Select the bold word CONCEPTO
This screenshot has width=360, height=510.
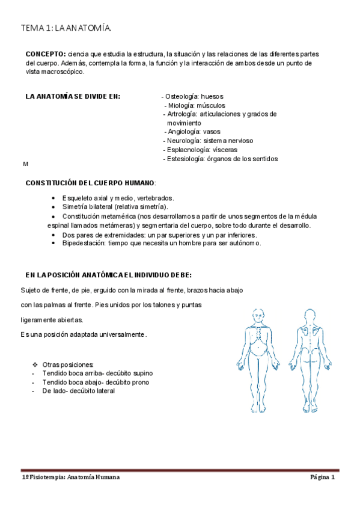click(46, 54)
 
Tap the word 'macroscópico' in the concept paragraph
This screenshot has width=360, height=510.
click(64, 72)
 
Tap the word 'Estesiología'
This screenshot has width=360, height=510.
click(185, 159)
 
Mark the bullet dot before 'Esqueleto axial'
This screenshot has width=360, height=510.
click(55, 197)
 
